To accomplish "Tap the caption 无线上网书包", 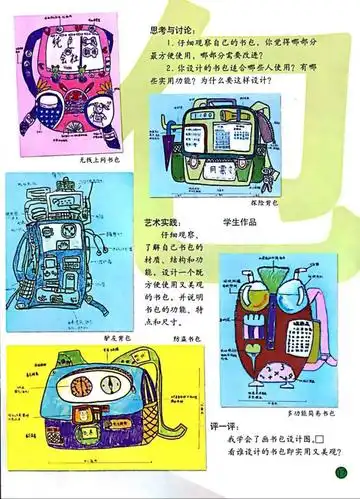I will pyautogui.click(x=81, y=160).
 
